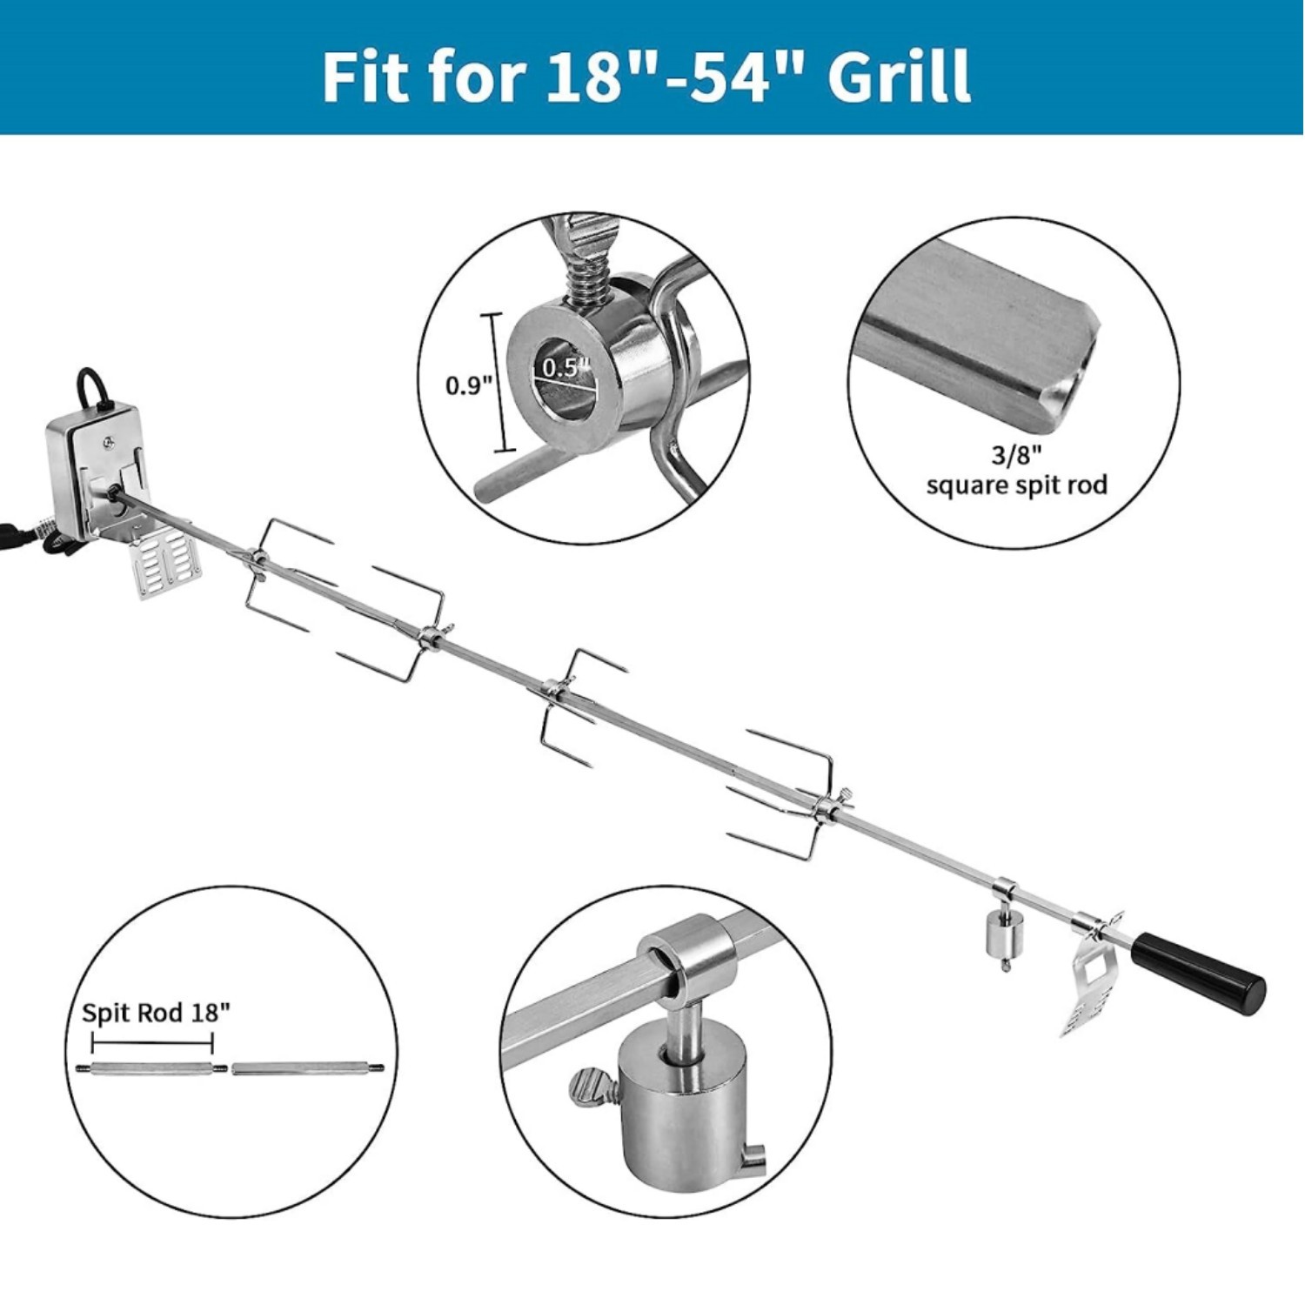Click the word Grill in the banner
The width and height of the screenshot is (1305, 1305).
(898, 77)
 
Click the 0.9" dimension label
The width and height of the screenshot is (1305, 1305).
(469, 385)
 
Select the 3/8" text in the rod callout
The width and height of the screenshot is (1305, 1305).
(1015, 458)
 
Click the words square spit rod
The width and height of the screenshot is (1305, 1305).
(1016, 485)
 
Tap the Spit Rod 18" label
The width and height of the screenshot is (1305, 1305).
(156, 1013)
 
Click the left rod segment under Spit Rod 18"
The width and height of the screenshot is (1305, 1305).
(151, 1068)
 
